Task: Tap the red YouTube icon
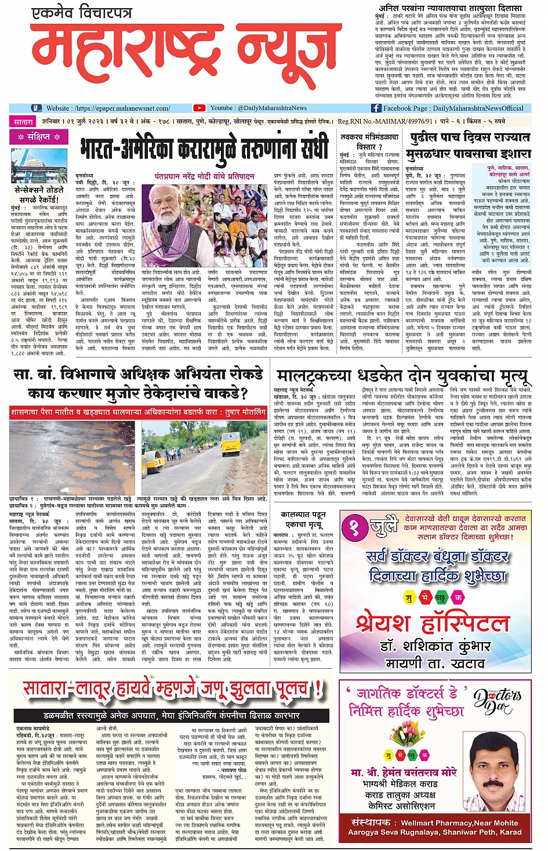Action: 199,108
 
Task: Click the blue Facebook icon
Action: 376,108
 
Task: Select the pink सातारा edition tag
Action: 24,122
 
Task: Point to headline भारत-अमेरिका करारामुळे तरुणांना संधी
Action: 204,150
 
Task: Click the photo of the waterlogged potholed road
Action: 73,457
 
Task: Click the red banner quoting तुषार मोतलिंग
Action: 138,412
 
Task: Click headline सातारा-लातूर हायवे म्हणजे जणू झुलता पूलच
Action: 172,689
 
